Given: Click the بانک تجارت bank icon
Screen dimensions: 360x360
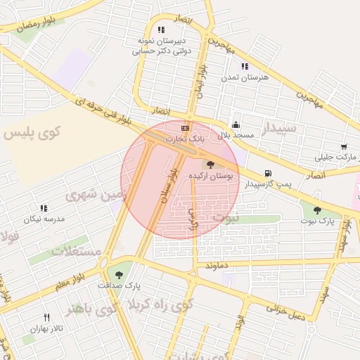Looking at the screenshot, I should pyautogui.click(x=185, y=128).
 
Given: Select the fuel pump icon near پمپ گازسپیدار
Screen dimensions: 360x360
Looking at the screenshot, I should pyautogui.click(x=267, y=174).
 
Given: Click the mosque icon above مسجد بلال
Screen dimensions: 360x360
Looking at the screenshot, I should pyautogui.click(x=235, y=123).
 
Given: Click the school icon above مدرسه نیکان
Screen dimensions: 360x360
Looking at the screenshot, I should pyautogui.click(x=44, y=208).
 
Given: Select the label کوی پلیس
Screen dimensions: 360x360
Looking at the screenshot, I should pyautogui.click(x=33, y=131).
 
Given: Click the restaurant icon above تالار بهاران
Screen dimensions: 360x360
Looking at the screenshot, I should pyautogui.click(x=46, y=317).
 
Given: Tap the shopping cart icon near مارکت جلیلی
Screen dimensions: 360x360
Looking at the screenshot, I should pyautogui.click(x=344, y=147).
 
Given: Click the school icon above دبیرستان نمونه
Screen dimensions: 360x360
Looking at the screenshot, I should pyautogui.click(x=161, y=30).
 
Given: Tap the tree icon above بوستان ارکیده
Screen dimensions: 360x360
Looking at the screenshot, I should pyautogui.click(x=211, y=164).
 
